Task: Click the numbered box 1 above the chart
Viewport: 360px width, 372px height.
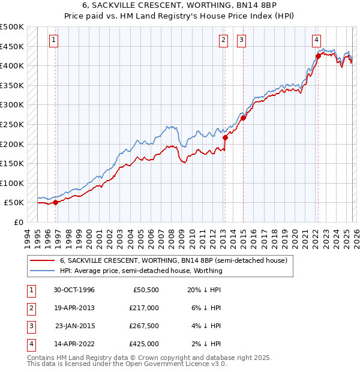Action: click(53, 40)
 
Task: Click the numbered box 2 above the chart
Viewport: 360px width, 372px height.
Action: click(223, 40)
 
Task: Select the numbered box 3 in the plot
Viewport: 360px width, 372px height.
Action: click(241, 40)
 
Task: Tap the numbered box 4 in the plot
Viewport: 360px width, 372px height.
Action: click(316, 40)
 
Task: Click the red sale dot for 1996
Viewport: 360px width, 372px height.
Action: click(56, 202)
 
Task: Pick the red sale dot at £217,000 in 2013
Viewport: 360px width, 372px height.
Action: click(225, 137)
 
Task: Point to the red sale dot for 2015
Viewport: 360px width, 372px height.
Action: click(243, 118)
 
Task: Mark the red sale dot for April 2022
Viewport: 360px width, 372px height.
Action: click(317, 56)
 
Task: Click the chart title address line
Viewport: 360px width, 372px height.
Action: click(179, 6)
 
